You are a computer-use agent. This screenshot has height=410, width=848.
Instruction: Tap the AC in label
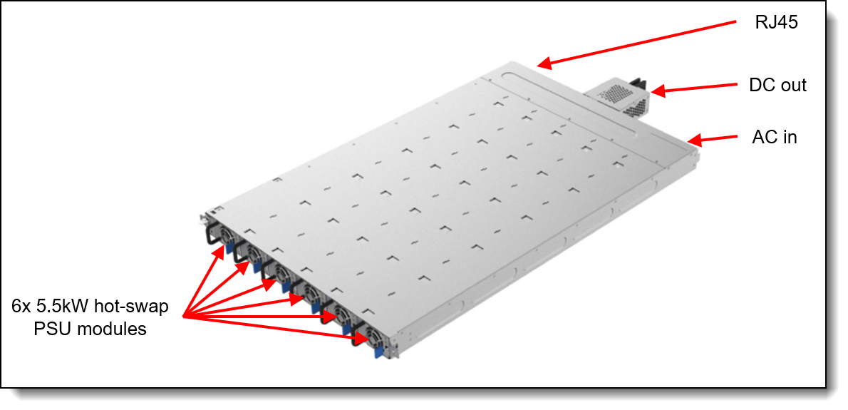click(x=775, y=137)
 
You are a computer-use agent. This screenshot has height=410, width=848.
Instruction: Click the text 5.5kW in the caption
click(x=63, y=307)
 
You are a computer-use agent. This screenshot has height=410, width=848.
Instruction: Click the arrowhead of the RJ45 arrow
click(x=544, y=63)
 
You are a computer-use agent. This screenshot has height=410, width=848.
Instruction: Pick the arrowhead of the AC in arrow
click(x=694, y=140)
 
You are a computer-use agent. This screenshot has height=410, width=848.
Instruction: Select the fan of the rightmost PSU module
click(x=372, y=335)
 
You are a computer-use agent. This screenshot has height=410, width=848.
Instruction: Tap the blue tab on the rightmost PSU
click(x=378, y=352)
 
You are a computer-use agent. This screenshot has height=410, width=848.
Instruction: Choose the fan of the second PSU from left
click(x=252, y=253)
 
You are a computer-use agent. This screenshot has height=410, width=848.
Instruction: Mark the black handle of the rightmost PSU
click(x=356, y=334)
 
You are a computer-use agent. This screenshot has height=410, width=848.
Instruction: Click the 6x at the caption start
click(x=21, y=307)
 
